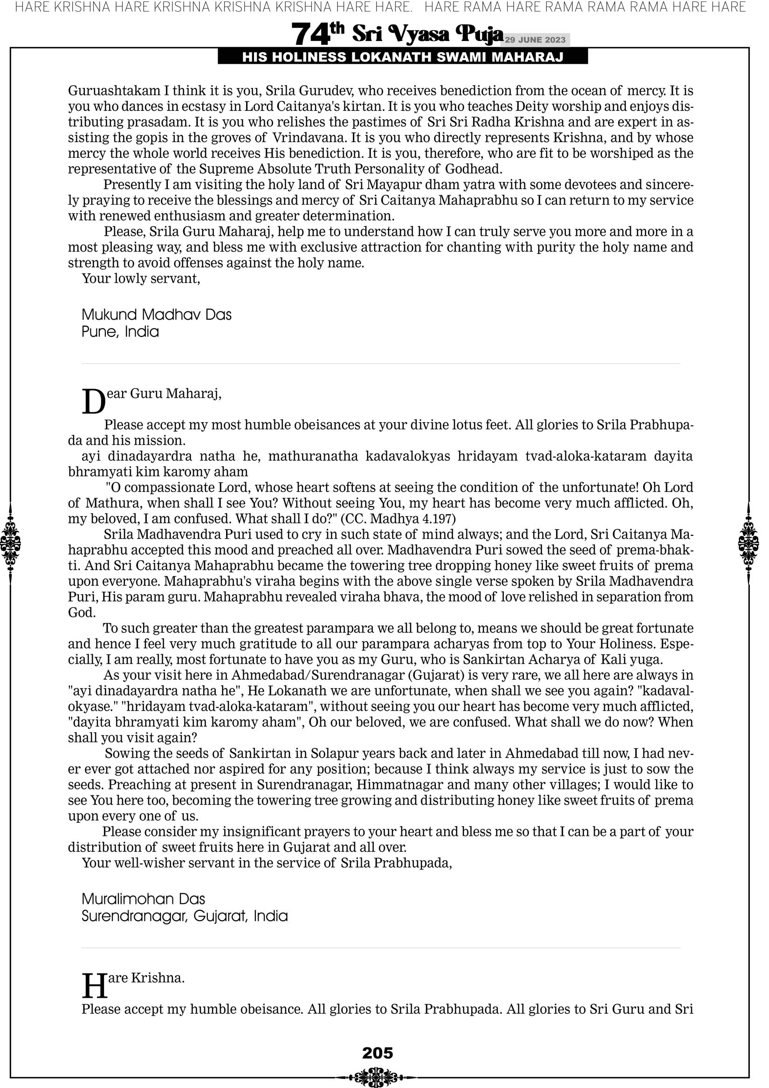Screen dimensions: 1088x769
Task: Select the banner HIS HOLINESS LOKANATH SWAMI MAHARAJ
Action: point(403,57)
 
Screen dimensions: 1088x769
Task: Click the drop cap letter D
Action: point(93,402)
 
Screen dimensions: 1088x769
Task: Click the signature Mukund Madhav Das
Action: point(157,315)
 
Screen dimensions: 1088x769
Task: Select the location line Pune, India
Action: point(120,332)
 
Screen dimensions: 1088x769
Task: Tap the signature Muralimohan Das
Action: point(143,899)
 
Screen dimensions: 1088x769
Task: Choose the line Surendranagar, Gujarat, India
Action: point(185,916)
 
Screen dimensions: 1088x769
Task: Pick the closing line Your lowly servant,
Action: point(141,278)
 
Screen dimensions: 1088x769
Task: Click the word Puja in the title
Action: point(479,34)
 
